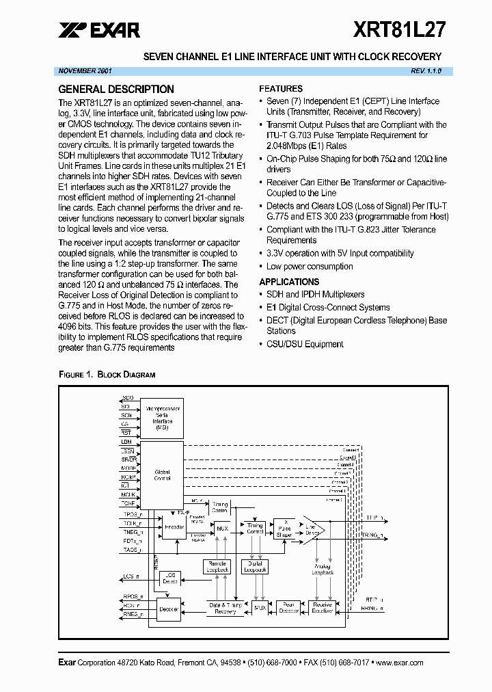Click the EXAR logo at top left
99,29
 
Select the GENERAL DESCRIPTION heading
116,89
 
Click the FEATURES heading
281,89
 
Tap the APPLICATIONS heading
289,282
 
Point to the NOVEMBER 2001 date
85,71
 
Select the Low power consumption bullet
310,267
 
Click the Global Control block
162,475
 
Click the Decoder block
169,608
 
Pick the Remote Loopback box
217,566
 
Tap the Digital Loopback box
255,566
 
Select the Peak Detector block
289,607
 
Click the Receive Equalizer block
322,607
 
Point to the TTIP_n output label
374,519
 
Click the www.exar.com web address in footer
400,663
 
